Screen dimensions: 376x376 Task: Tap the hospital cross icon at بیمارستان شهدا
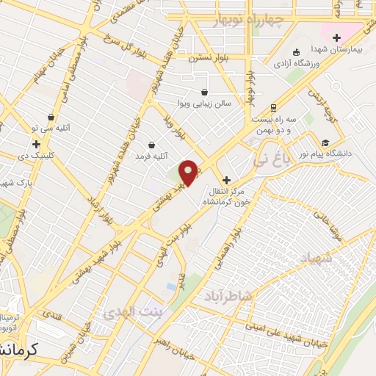[x=337, y=37]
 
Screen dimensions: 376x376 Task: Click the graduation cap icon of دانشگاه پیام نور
[x=325, y=142]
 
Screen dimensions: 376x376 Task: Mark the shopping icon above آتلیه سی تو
[x=51, y=117]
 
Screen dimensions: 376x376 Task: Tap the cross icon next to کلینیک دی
[x=36, y=144]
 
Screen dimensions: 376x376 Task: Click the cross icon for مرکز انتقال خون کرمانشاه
[x=226, y=180]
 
